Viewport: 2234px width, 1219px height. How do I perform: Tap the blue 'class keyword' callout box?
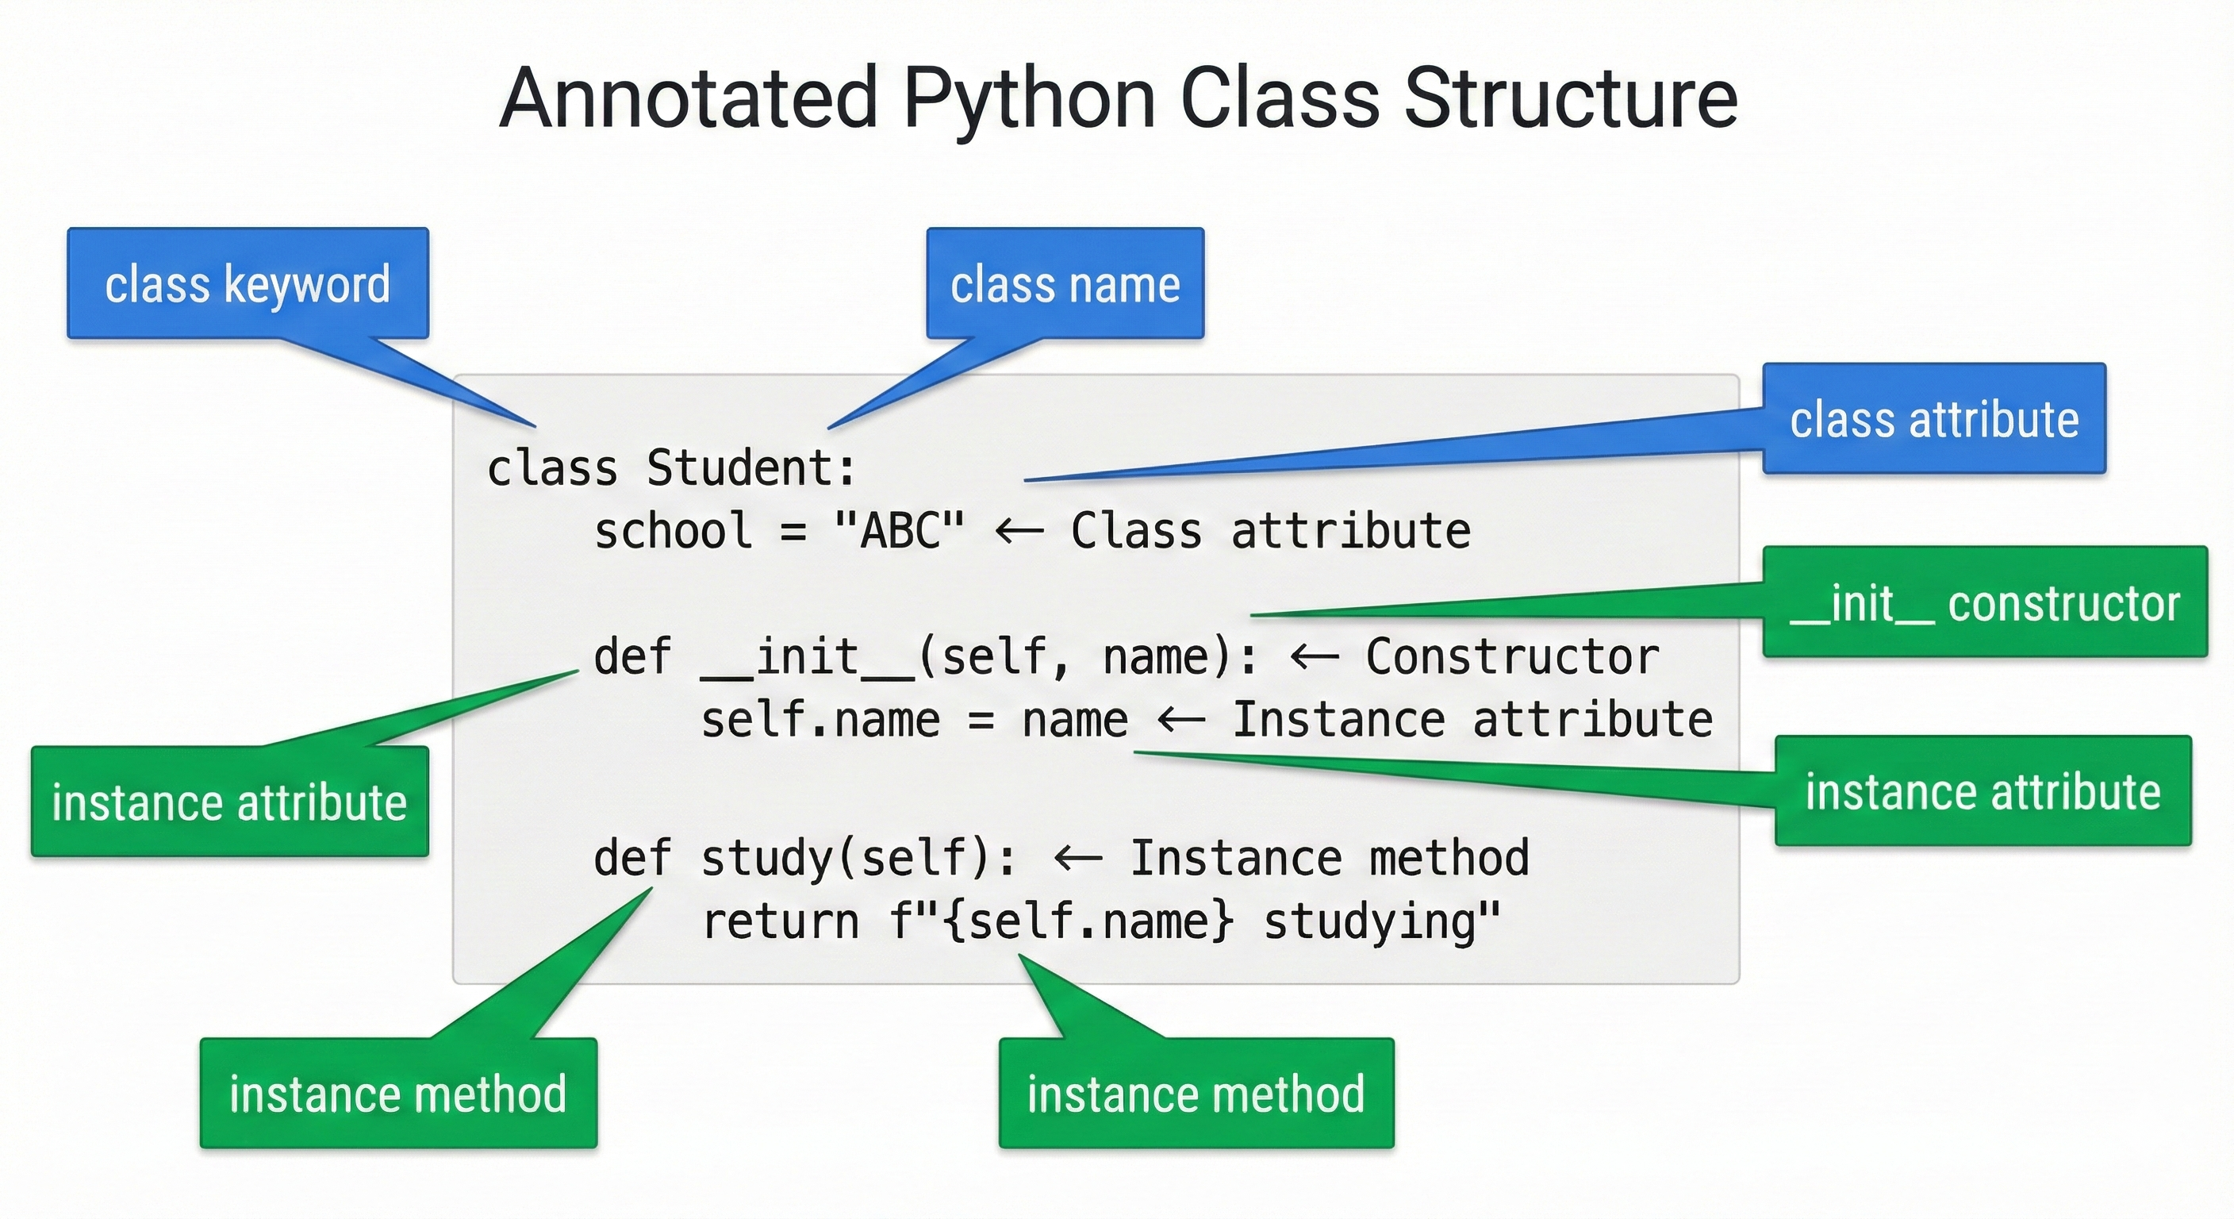(248, 283)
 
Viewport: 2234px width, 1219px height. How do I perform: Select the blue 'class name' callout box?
(1065, 283)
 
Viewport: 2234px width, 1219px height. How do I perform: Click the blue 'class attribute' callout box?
(1934, 419)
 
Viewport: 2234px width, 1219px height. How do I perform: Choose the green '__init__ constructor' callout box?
(1984, 602)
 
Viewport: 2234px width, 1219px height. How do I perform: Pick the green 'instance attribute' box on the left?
(230, 802)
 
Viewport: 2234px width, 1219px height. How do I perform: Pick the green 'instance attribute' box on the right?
(1983, 791)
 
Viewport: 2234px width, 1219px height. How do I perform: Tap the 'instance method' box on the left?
(398, 1093)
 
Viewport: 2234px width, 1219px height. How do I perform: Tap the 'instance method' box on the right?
(1196, 1093)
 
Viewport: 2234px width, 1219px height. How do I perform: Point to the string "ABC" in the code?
(900, 530)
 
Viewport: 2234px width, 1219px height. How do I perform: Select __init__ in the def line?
(808, 657)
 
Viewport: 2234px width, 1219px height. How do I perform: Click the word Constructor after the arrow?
(1512, 657)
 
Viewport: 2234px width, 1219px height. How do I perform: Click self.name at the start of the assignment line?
(820, 720)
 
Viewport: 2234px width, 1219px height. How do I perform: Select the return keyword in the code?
(781, 921)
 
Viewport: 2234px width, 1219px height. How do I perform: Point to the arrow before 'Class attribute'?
(1019, 530)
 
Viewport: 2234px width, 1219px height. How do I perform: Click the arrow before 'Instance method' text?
(1078, 858)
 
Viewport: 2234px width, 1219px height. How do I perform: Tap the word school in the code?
(673, 530)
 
